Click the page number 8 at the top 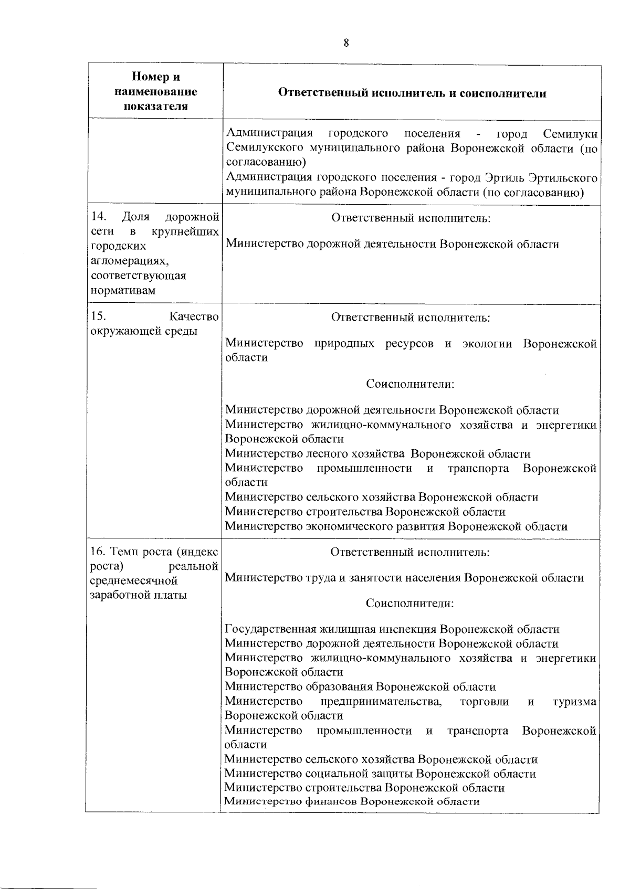tap(346, 43)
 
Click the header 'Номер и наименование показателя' tap(156, 92)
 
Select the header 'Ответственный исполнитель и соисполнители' tap(412, 93)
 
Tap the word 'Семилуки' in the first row tap(570, 134)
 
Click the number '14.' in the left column tap(99, 217)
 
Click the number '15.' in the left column tap(99, 316)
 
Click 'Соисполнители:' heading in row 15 tap(410, 384)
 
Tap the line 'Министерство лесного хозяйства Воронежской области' tap(377, 454)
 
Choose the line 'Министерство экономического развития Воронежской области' tap(396, 526)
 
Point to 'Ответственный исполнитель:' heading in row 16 tap(410, 552)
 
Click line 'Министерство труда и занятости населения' tap(404, 578)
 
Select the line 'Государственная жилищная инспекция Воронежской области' tap(392, 629)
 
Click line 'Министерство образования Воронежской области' tap(360, 687)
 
